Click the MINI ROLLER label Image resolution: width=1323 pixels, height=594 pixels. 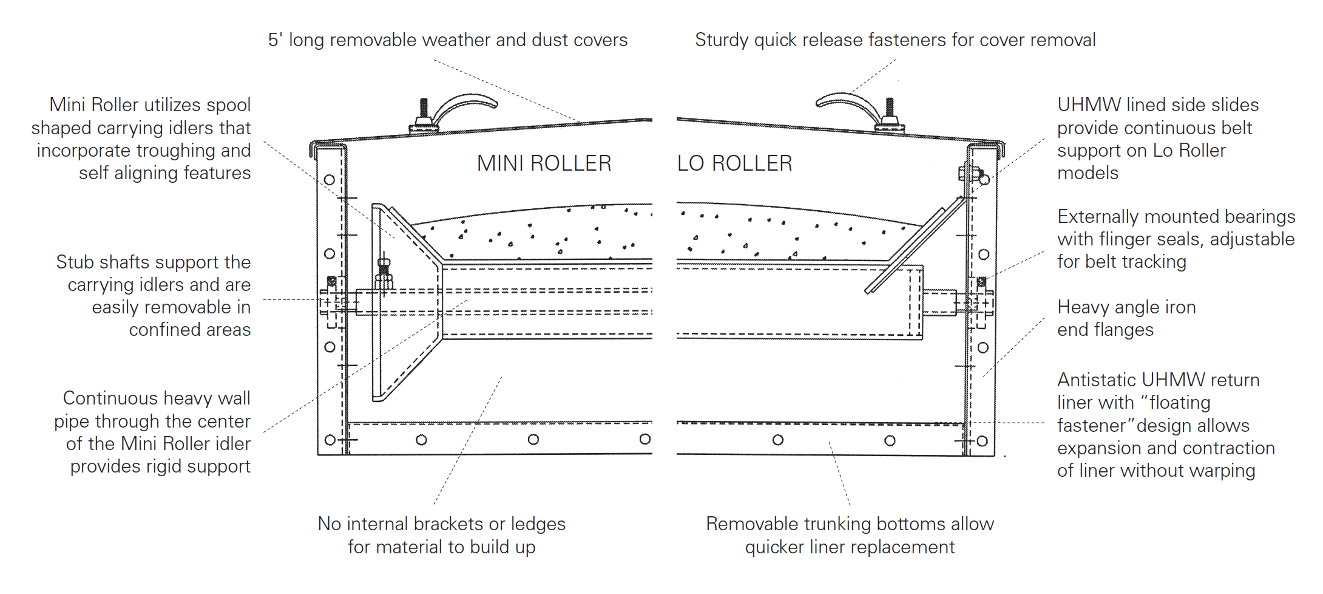(x=544, y=163)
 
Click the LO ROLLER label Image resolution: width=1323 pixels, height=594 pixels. (x=734, y=163)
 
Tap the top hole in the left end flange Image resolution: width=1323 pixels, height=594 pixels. (x=330, y=180)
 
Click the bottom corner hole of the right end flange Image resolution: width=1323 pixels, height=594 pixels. (x=983, y=441)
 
